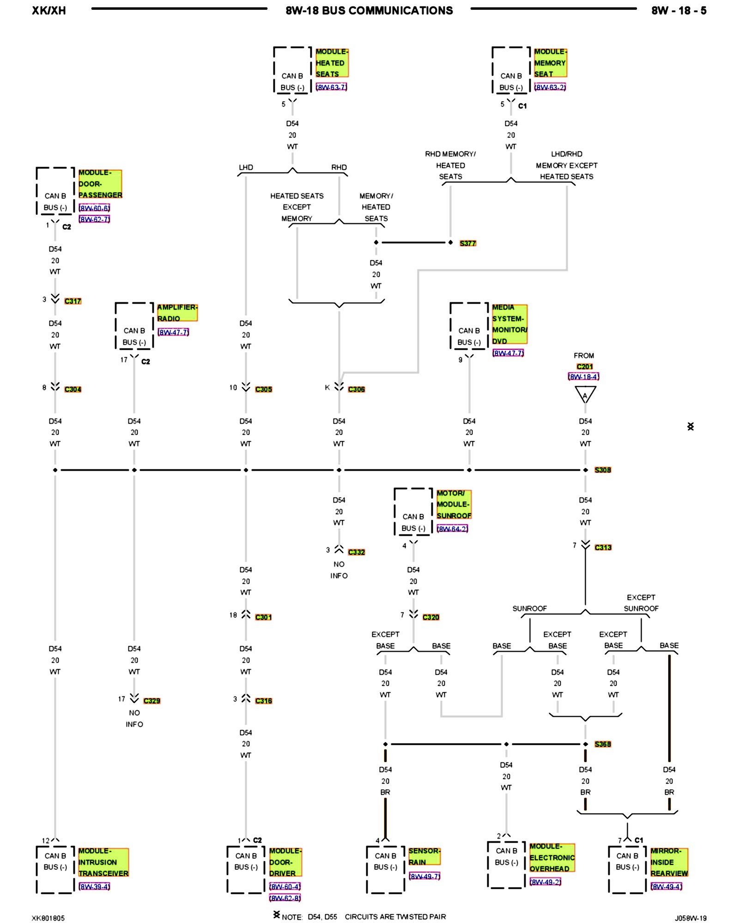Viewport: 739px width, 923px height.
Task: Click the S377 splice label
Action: pyautogui.click(x=467, y=243)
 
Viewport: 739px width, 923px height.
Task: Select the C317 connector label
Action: pyautogui.click(x=73, y=301)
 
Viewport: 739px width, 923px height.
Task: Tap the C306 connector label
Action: pyautogui.click(x=356, y=389)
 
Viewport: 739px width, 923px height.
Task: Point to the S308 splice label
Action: pyautogui.click(x=602, y=470)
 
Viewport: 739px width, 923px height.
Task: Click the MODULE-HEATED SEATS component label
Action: pyautogui.click(x=331, y=63)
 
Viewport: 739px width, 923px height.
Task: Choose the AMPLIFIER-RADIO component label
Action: pyautogui.click(x=177, y=312)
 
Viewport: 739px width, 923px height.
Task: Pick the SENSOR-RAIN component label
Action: pyautogui.click(x=424, y=856)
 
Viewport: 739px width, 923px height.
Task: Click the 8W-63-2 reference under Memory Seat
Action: pyautogui.click(x=550, y=87)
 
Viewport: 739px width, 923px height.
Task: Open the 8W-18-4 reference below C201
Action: pyautogui.click(x=583, y=377)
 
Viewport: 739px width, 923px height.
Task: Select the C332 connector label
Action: pyautogui.click(x=356, y=552)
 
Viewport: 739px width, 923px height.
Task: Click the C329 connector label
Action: pyautogui.click(x=151, y=701)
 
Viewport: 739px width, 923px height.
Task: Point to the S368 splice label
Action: pyautogui.click(x=602, y=744)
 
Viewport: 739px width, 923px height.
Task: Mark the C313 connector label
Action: pyautogui.click(x=603, y=547)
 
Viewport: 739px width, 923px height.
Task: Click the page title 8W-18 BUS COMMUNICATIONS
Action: pyautogui.click(x=369, y=11)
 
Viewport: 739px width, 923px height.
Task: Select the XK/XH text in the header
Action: pyautogui.click(x=49, y=11)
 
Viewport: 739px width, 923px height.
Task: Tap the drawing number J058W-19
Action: pyautogui.click(x=690, y=918)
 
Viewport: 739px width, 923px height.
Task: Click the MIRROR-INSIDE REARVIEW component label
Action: pyautogui.click(x=669, y=862)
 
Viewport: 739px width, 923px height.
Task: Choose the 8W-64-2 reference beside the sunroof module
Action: pyautogui.click(x=452, y=529)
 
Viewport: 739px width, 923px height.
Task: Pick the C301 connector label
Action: pyautogui.click(x=263, y=617)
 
